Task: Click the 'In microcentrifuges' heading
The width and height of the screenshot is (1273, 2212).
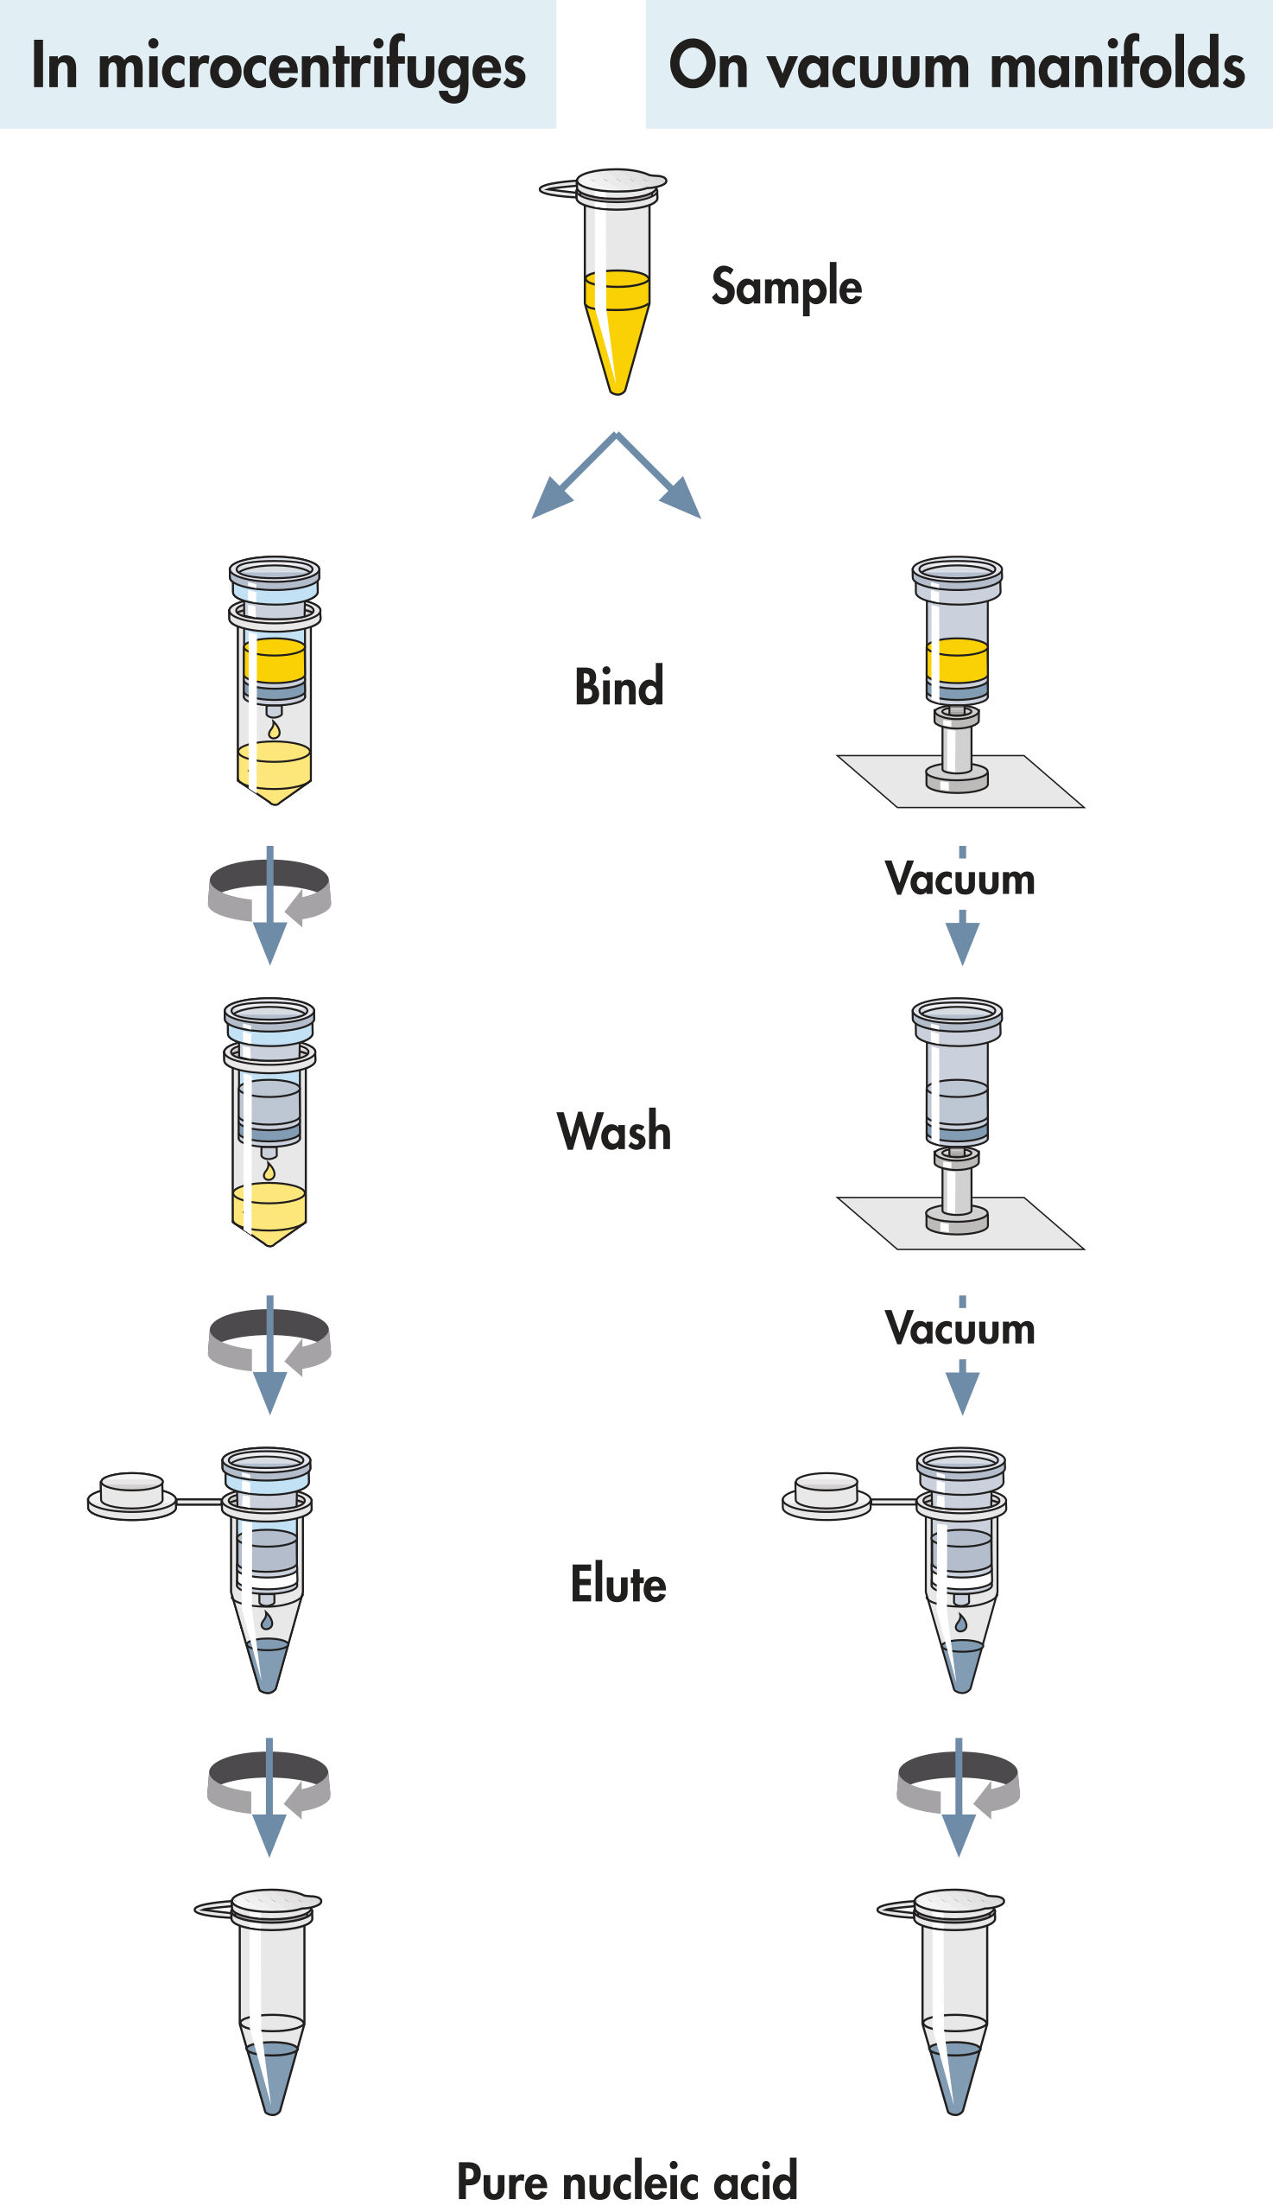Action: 278,66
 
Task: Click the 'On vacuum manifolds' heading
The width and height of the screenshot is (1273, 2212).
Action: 957,66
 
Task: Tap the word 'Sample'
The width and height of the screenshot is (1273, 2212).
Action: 786,287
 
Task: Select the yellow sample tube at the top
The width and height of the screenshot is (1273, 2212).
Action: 617,280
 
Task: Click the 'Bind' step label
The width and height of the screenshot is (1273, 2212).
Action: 619,687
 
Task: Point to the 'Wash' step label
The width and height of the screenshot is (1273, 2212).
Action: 614,1131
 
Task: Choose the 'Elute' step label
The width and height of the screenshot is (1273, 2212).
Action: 618,1584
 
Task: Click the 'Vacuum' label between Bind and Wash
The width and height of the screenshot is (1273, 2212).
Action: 960,879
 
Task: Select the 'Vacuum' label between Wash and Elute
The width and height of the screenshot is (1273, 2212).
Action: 960,1329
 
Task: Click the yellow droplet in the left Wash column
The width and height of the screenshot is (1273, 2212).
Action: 269,1170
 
